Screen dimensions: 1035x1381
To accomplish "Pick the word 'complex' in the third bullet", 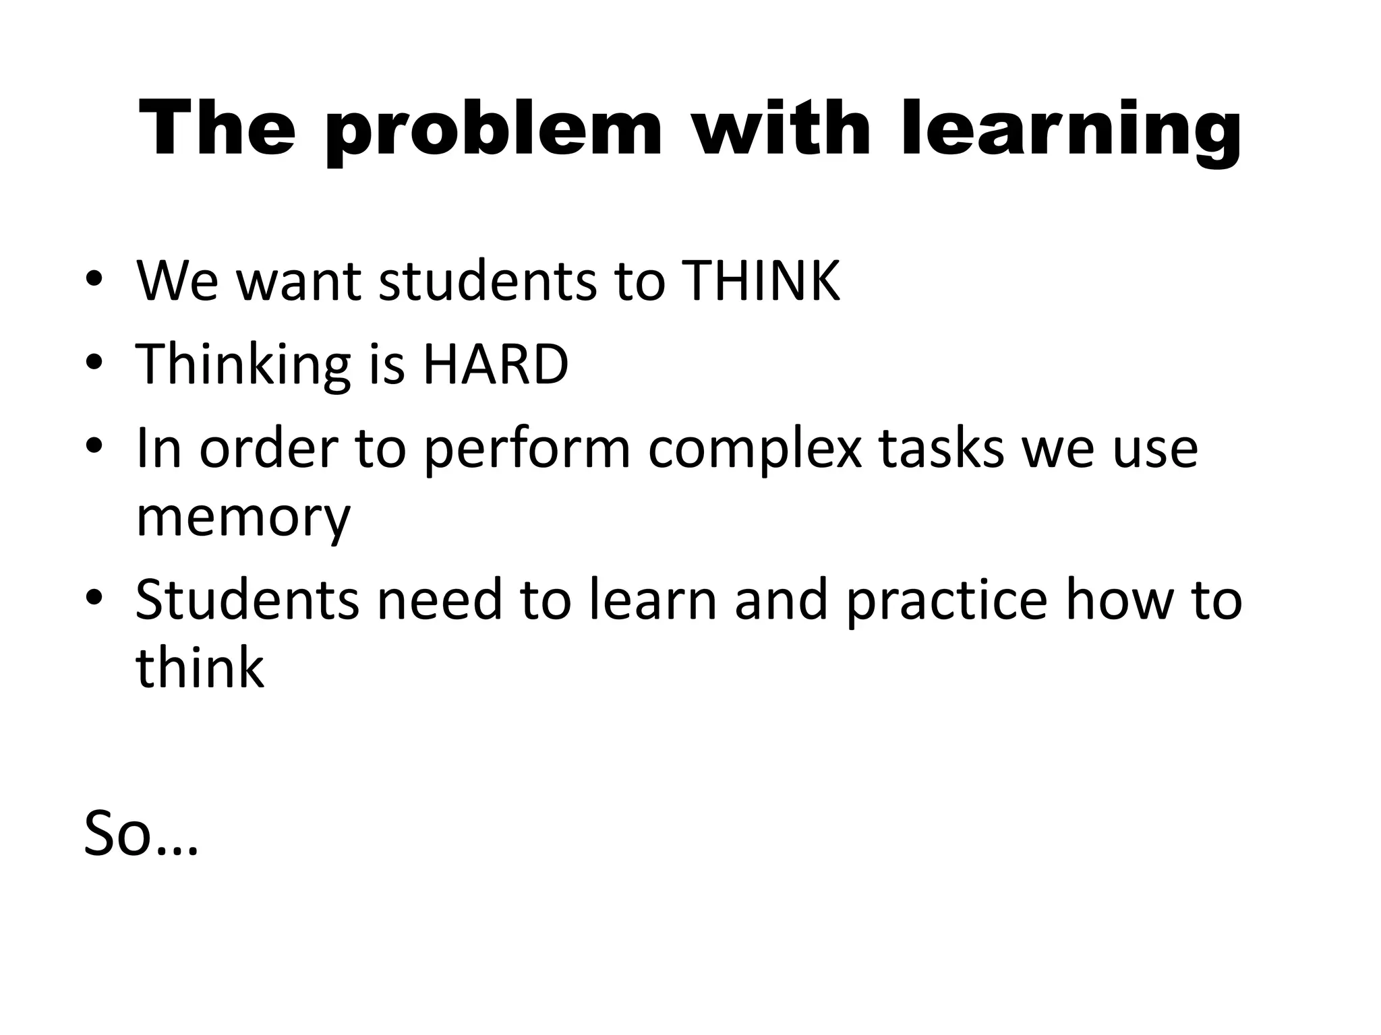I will point(755,449).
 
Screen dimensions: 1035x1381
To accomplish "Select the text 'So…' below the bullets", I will point(140,834).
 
